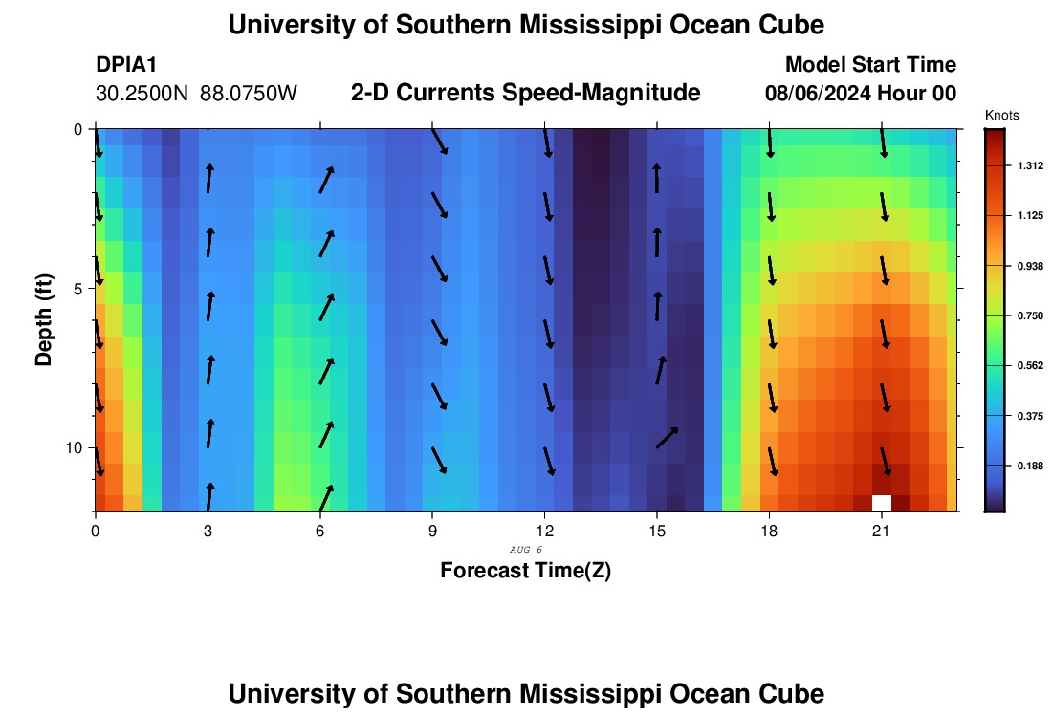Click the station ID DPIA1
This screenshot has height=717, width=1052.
(126, 65)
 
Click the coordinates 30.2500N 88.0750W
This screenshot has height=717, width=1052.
(197, 94)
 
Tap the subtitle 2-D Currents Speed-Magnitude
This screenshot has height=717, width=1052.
(526, 93)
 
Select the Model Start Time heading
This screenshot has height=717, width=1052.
(870, 65)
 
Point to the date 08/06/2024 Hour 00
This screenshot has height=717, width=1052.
(861, 94)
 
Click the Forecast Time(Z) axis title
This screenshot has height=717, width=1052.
(526, 571)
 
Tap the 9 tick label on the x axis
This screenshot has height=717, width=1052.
(432, 530)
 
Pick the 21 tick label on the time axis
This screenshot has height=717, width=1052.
(882, 530)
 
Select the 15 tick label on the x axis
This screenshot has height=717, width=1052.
(657, 530)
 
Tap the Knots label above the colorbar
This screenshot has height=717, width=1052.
(1001, 116)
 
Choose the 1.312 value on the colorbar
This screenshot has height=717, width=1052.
(1030, 166)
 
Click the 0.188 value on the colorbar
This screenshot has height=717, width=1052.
(1030, 466)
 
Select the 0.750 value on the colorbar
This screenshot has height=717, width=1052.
(1030, 315)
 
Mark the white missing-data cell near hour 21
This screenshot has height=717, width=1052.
(882, 503)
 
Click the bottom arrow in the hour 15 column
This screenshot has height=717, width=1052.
(668, 438)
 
